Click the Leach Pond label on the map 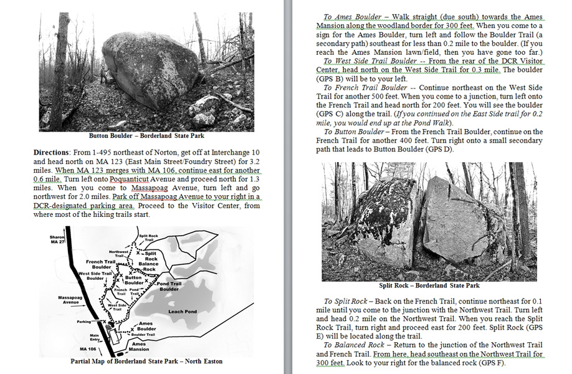click(183, 311)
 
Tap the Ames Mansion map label click(139, 347)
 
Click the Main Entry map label click(95, 338)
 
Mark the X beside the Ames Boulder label click(133, 328)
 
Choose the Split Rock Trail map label click(148, 237)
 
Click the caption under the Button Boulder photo click(146, 135)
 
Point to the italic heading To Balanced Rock click(355, 345)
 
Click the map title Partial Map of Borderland click(146, 361)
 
